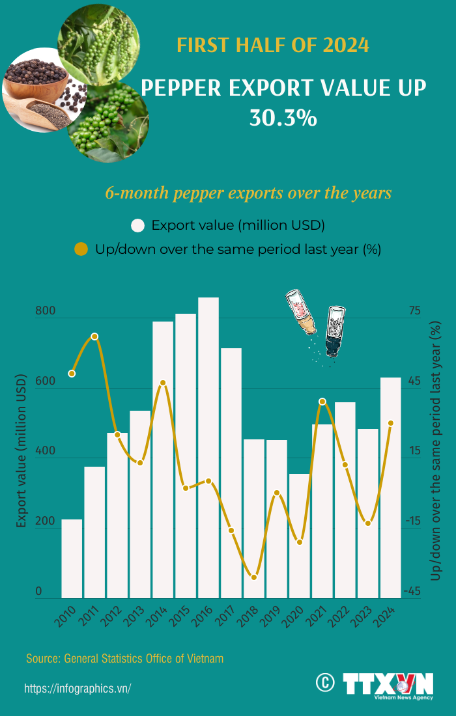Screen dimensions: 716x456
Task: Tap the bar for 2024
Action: click(x=391, y=488)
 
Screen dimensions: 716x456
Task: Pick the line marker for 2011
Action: click(x=94, y=337)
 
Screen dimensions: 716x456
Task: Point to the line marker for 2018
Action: click(x=254, y=577)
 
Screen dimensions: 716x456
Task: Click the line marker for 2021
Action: click(x=322, y=402)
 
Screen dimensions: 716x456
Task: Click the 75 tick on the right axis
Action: click(x=414, y=312)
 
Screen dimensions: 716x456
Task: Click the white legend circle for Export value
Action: click(x=137, y=226)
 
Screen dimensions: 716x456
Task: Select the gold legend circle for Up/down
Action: click(x=81, y=249)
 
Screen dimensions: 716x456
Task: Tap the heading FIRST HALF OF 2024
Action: click(x=274, y=46)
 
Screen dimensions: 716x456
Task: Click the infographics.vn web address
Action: click(x=78, y=689)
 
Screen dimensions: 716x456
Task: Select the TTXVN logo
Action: click(x=388, y=685)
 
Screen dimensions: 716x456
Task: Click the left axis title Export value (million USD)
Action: click(x=21, y=451)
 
